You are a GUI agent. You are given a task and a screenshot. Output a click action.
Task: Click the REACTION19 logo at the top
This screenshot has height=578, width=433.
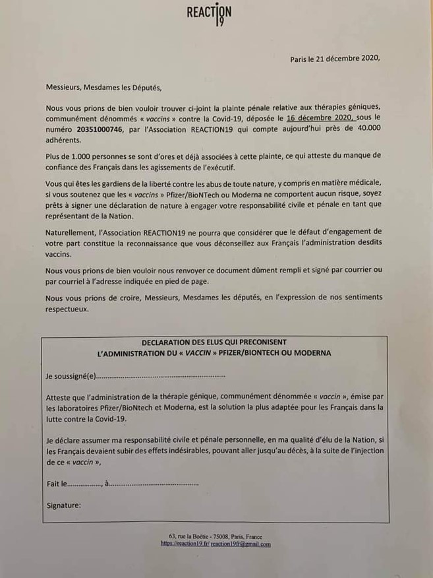click(x=209, y=14)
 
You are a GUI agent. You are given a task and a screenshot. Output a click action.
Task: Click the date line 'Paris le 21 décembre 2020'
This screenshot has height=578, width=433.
click(x=335, y=59)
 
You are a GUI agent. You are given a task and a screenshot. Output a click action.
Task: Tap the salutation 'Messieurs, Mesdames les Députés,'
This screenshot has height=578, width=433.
click(x=103, y=86)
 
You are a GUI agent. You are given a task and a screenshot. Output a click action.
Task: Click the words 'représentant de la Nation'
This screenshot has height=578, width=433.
click(x=90, y=216)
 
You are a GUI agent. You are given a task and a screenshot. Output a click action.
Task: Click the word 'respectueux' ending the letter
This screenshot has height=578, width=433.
click(x=67, y=308)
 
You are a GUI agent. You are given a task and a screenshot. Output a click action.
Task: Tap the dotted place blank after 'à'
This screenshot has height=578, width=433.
click(x=154, y=484)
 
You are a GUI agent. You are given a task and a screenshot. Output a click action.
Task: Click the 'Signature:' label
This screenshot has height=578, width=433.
click(x=64, y=505)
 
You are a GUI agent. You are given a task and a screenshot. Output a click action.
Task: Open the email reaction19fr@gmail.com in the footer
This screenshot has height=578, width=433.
click(x=241, y=544)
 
